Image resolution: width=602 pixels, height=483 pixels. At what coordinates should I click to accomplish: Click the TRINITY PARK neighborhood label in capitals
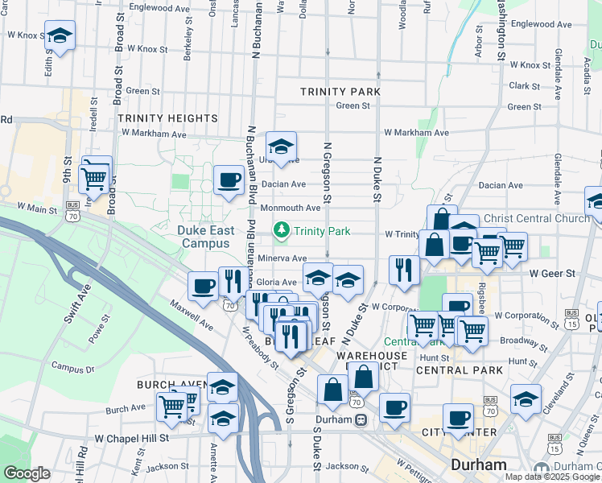tap(340, 92)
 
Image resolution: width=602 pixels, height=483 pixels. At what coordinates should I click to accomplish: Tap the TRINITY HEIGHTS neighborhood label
tap(168, 118)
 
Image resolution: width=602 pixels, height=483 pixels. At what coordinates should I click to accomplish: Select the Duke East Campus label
tap(206, 237)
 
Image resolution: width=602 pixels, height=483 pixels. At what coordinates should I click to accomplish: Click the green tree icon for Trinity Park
tap(282, 231)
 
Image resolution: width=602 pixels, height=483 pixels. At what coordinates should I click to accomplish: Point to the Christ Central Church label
tap(538, 218)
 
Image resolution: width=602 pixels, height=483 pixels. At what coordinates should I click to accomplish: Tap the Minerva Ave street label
tap(282, 258)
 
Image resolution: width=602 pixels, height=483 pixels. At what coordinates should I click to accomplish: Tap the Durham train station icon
tap(362, 419)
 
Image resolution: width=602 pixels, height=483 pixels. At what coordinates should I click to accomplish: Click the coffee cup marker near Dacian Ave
tap(229, 180)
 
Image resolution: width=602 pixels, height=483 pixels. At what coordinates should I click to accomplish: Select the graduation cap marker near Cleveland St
tap(526, 398)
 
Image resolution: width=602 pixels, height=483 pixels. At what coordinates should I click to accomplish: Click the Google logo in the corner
tap(27, 473)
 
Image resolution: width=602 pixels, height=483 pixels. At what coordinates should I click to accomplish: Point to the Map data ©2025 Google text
tap(552, 477)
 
